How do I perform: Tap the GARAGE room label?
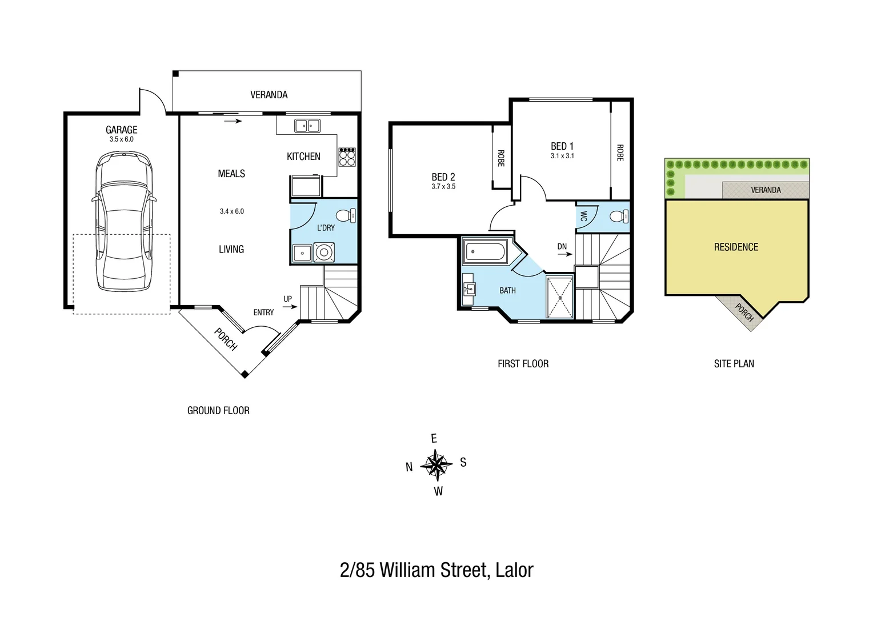pos(122,130)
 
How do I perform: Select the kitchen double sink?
pos(307,126)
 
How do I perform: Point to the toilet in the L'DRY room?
pos(345,215)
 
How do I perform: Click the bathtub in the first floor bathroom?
pos(485,251)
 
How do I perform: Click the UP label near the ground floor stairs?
pos(287,299)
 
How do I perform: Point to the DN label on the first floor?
pos(562,247)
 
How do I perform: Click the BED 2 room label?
pos(443,177)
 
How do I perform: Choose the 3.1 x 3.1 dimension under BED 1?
pos(562,155)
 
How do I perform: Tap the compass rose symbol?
pos(436,464)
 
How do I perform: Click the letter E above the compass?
pos(434,439)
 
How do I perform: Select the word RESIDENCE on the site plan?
pos(736,247)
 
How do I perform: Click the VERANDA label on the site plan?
pos(766,190)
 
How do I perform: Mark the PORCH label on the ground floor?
pos(226,339)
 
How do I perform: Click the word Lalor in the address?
pos(515,570)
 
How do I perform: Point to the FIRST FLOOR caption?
pos(523,363)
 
